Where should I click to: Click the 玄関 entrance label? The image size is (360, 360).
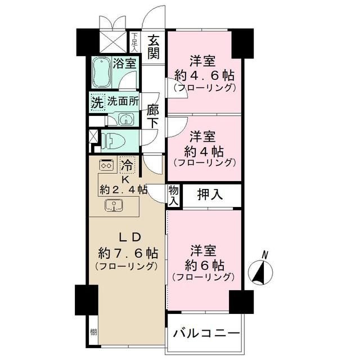tap(154, 47)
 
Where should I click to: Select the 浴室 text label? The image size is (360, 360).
tap(124, 63)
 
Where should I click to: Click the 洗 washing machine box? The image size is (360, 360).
tap(97, 103)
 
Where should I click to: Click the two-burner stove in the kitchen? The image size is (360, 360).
tap(106, 165)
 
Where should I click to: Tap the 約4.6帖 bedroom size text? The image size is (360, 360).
tap(204, 75)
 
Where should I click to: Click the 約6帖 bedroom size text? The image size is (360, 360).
tap(204, 264)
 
